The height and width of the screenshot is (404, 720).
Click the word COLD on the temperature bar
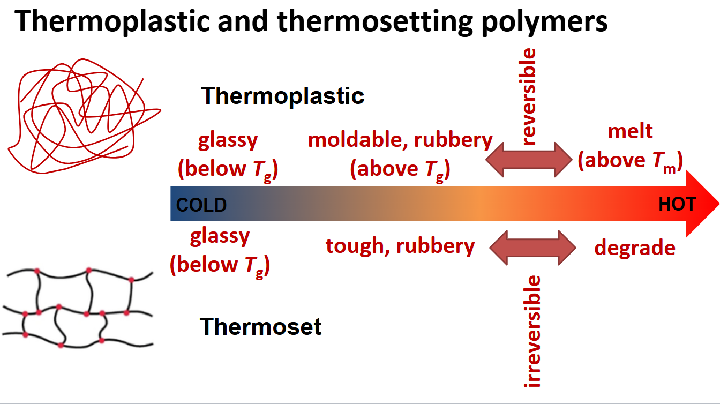point(201,205)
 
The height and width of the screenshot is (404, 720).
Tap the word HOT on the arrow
point(677,204)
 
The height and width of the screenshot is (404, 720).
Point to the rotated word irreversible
point(534,331)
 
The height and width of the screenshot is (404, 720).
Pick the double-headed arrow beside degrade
point(532,248)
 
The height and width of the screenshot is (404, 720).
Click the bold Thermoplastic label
point(283,96)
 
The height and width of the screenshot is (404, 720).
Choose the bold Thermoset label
point(261,326)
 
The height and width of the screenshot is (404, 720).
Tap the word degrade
point(635,248)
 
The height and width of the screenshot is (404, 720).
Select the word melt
point(631,132)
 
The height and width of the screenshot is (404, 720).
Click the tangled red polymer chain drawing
point(83,113)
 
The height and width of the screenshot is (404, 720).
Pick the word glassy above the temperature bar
point(228,140)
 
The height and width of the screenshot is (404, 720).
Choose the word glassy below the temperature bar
point(220,236)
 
